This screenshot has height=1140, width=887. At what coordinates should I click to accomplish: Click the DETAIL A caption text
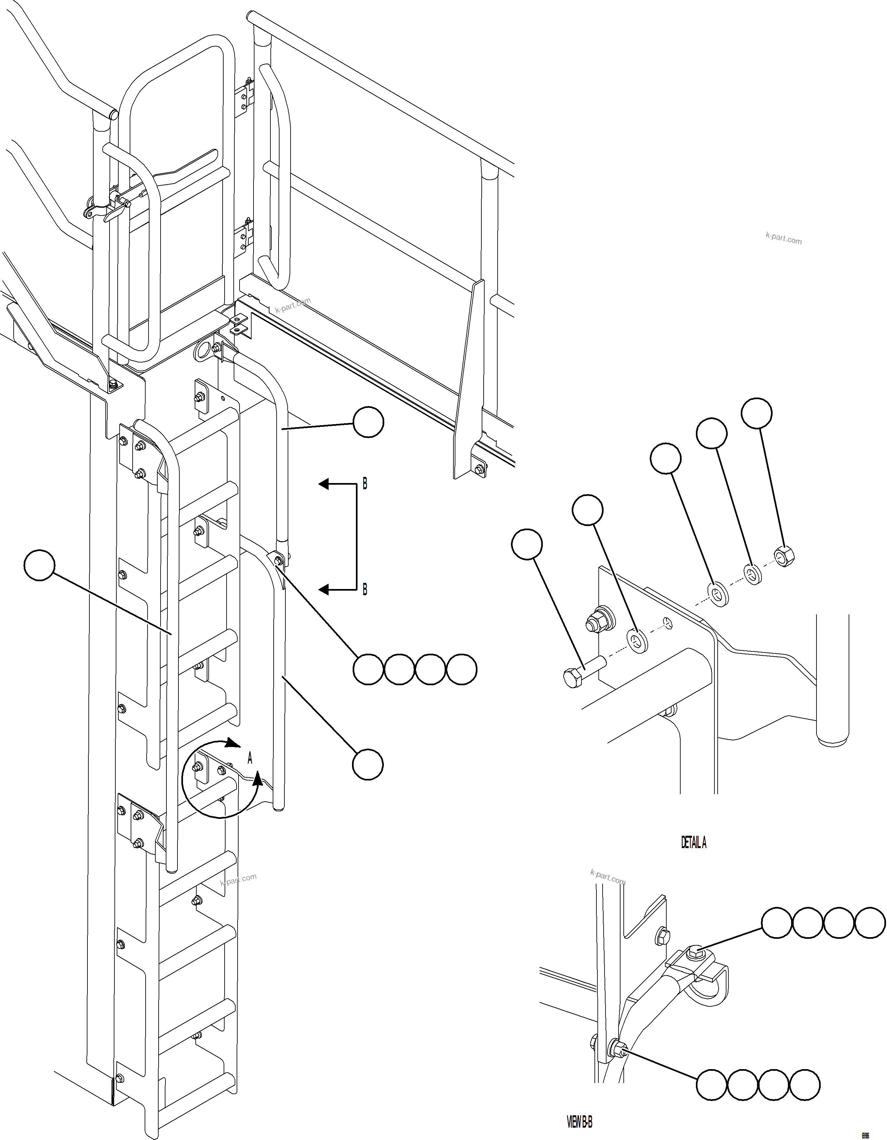(x=693, y=843)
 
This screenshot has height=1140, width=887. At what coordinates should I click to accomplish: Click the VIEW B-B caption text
(x=580, y=1122)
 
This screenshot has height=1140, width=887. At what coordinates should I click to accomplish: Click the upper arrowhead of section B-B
(x=324, y=484)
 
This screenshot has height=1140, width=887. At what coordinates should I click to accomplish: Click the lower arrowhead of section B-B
(x=324, y=590)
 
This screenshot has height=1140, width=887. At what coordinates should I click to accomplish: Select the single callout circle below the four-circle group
(x=368, y=765)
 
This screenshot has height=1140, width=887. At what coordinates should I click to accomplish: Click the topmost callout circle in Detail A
(x=756, y=413)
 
